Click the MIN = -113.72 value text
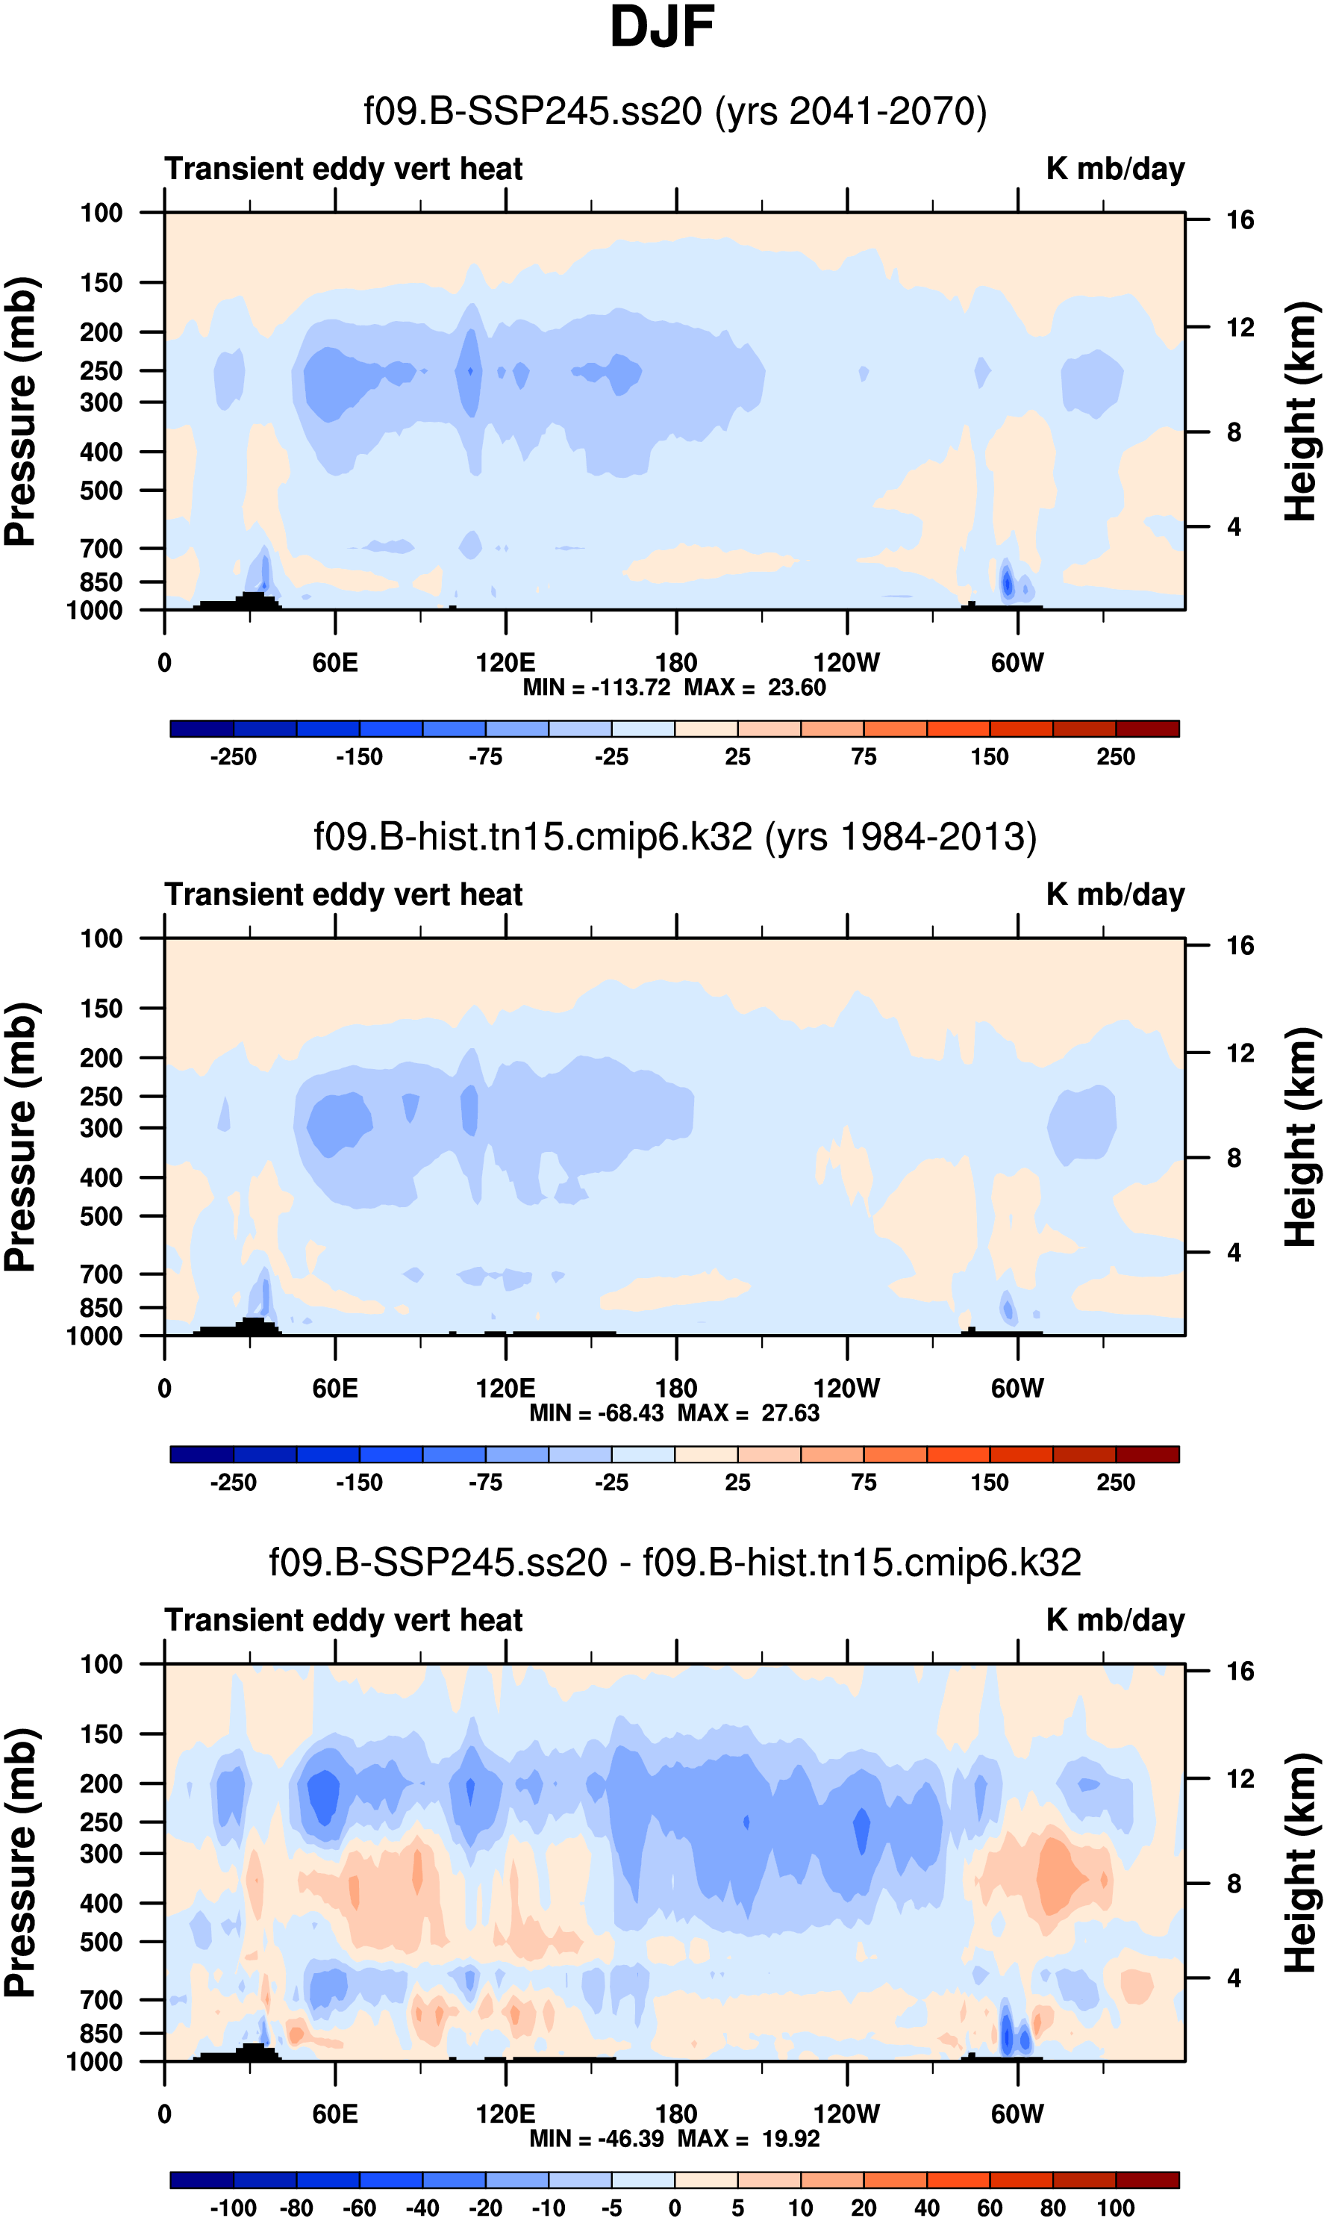[596, 688]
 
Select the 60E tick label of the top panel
[335, 663]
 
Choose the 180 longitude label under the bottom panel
[676, 2113]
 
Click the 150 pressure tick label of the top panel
[101, 284]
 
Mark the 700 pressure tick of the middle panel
[101, 1274]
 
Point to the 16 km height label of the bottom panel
[1240, 1671]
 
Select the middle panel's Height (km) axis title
[1301, 1137]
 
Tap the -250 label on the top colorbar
[234, 758]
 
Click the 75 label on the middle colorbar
[863, 1483]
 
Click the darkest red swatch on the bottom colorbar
[1147, 2180]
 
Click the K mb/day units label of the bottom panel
[1115, 1620]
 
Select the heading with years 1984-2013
[675, 837]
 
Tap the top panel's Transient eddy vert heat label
[343, 169]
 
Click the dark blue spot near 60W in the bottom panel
[1007, 2037]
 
